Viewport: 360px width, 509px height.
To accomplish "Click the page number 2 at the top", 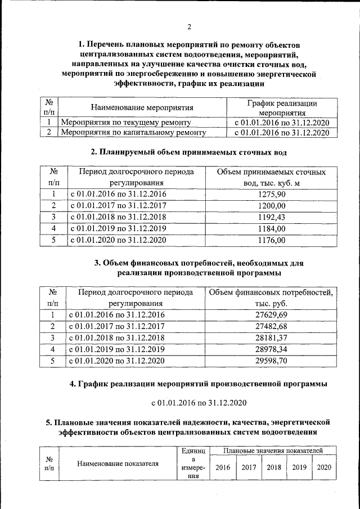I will tap(189, 27).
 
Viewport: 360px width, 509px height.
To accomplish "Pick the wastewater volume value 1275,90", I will tap(272, 194).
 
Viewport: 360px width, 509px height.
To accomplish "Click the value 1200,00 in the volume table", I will tap(272, 206).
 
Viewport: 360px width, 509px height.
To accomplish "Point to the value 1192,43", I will tap(272, 217).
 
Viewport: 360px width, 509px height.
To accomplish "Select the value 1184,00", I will tap(272, 229).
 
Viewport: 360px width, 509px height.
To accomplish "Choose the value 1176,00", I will tap(272, 240).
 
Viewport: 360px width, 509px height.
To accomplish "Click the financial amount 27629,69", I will tap(272, 315).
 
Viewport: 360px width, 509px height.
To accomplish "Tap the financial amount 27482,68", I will tap(272, 326).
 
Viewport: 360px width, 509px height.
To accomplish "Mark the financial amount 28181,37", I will tap(272, 337).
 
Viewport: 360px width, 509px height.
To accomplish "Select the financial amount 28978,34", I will tap(272, 349).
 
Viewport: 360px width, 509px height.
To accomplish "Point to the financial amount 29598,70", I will tap(272, 361).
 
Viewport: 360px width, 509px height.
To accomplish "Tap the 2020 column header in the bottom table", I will tap(324, 467).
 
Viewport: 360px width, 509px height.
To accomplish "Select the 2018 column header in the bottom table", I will tap(273, 467).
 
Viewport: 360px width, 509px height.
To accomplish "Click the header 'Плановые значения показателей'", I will tap(273, 451).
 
